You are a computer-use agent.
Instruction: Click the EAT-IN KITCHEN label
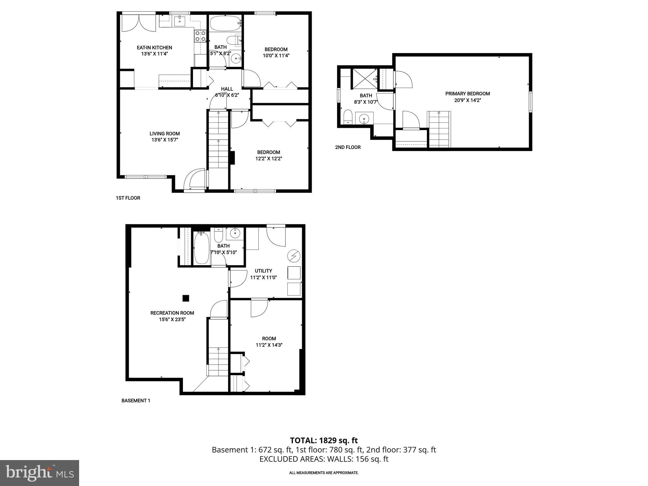point(154,48)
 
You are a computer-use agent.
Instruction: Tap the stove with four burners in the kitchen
point(200,36)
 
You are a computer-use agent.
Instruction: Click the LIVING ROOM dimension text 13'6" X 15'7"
point(165,140)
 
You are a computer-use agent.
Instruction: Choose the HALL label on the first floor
point(227,89)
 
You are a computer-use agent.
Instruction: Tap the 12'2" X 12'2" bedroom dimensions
point(268,159)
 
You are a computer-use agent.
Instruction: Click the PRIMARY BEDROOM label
point(467,94)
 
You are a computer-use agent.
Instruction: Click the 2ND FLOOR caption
point(348,147)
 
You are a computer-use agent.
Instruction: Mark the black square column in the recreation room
point(186,298)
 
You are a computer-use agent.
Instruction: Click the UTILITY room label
point(263,271)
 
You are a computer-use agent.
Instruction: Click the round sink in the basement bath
point(235,234)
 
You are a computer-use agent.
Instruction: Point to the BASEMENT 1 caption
point(136,401)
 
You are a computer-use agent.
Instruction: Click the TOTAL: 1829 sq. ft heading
point(324,440)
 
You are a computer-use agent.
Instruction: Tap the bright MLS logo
point(40,473)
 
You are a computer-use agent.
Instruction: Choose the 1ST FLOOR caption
point(128,198)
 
